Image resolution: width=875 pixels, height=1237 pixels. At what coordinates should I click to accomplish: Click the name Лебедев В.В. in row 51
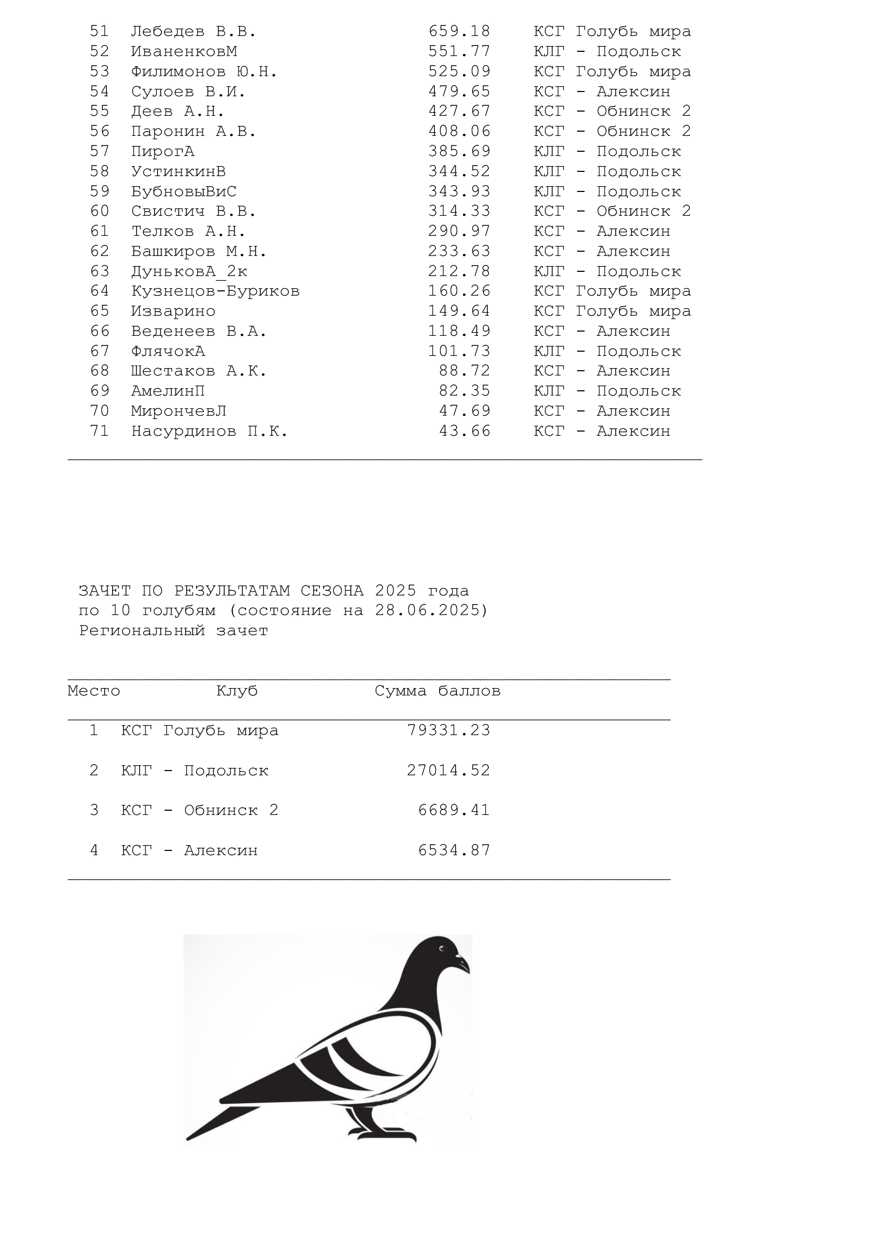pyautogui.click(x=194, y=32)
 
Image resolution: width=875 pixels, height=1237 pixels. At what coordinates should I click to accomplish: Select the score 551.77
pyautogui.click(x=459, y=52)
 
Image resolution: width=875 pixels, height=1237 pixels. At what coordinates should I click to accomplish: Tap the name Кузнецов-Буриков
pyautogui.click(x=215, y=291)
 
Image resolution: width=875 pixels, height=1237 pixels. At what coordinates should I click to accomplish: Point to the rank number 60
pyautogui.click(x=99, y=211)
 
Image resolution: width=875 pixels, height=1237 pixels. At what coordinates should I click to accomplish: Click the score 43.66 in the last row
pyautogui.click(x=464, y=432)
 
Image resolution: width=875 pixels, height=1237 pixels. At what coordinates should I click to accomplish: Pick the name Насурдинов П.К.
pyautogui.click(x=209, y=432)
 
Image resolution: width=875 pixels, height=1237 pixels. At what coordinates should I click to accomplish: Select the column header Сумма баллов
pyautogui.click(x=437, y=691)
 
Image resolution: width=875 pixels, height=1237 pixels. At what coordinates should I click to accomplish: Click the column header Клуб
pyautogui.click(x=237, y=691)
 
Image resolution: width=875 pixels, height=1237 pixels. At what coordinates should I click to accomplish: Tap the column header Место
pyautogui.click(x=94, y=691)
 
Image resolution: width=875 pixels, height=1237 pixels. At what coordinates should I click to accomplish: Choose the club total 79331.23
pyautogui.click(x=448, y=730)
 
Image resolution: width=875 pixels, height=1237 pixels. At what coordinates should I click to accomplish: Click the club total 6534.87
pyautogui.click(x=454, y=851)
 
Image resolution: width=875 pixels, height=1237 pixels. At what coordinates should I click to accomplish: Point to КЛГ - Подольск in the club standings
pyautogui.click(x=195, y=771)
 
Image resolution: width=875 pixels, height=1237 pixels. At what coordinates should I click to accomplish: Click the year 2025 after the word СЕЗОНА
pyautogui.click(x=396, y=591)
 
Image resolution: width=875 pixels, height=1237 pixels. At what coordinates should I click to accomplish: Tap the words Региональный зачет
pyautogui.click(x=174, y=631)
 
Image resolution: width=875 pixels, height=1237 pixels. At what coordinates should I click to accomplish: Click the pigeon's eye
pyautogui.click(x=442, y=948)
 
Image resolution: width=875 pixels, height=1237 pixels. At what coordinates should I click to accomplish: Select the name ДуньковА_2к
pyautogui.click(x=189, y=271)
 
